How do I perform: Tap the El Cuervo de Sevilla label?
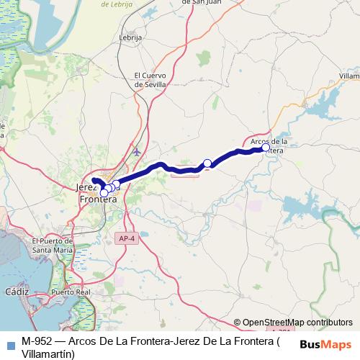[150, 79]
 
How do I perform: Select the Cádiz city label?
[16, 292]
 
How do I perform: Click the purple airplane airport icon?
[138, 151]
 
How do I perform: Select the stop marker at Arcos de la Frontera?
[266, 148]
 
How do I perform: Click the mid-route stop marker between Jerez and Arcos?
[207, 163]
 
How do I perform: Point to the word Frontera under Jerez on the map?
[98, 199]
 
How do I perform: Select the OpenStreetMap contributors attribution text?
[297, 322]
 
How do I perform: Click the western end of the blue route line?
[94, 179]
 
